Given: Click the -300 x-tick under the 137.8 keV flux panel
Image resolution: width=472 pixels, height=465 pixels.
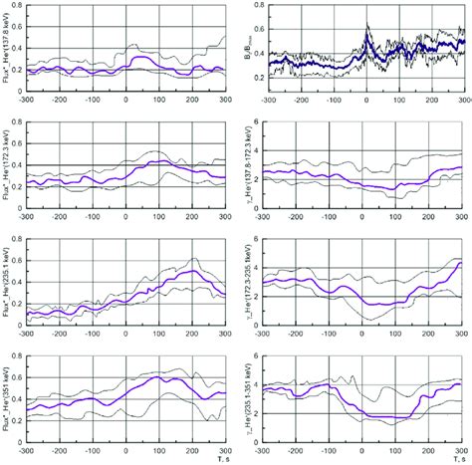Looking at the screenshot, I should pyautogui.click(x=27, y=101).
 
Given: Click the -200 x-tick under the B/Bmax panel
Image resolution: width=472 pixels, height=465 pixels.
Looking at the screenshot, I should pyautogui.click(x=303, y=101).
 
